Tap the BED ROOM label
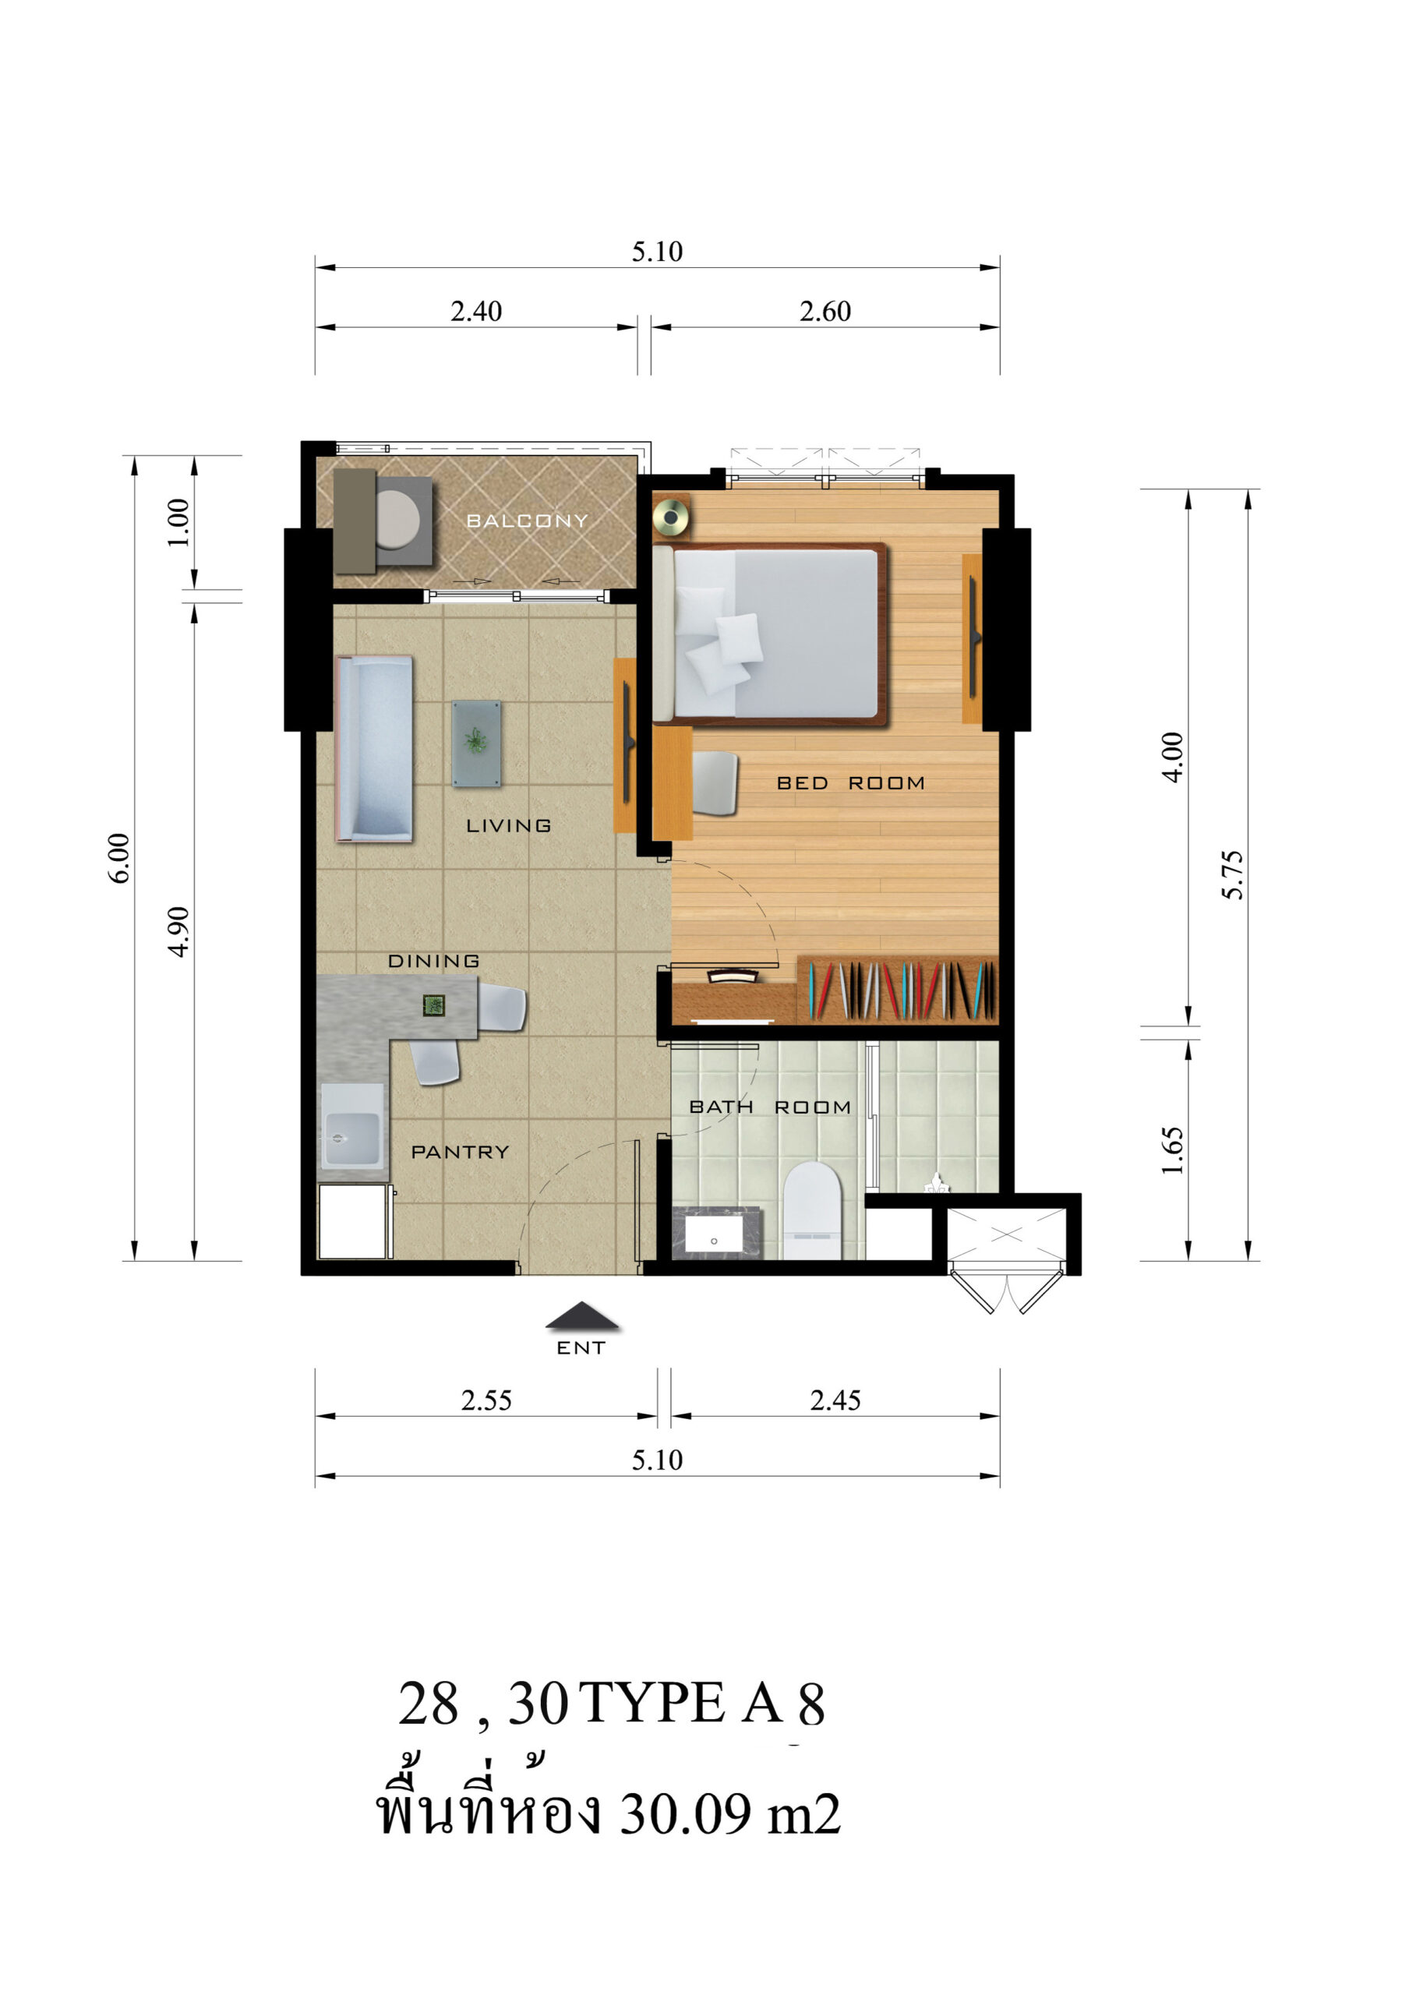850,783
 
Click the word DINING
433,961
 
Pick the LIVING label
508,825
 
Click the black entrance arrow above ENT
582,1316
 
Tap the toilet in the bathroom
812,1210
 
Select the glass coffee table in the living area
476,743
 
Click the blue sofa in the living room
373,749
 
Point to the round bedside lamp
671,519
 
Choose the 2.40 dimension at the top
476,311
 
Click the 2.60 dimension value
825,311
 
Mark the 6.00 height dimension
119,859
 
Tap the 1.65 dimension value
1173,1150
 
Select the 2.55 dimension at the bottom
486,1400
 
